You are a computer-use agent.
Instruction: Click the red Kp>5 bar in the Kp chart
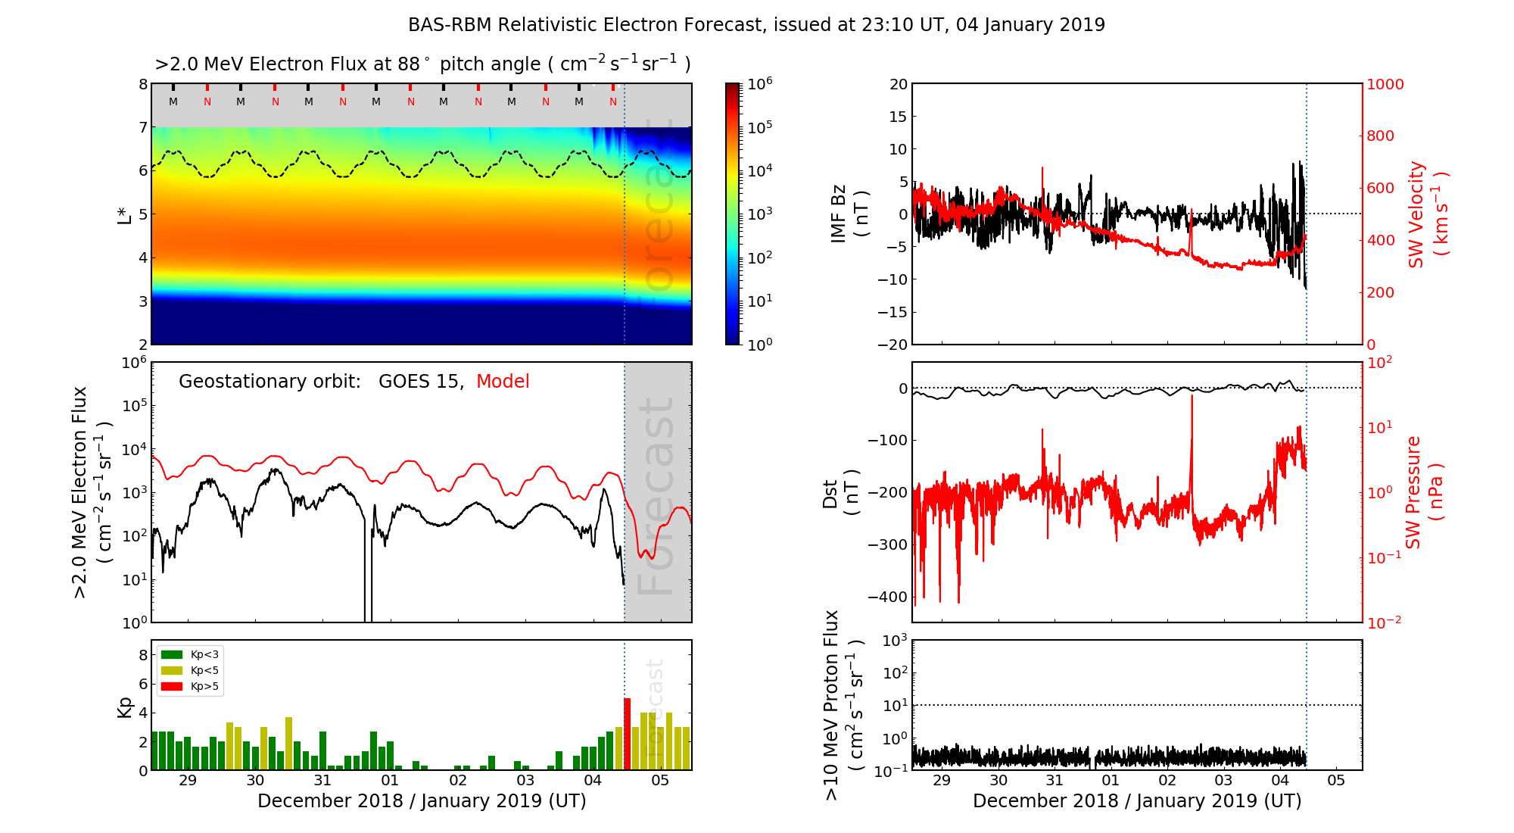pos(627,733)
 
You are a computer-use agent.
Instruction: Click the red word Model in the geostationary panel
pos(503,382)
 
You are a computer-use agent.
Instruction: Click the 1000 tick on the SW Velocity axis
pos(1385,84)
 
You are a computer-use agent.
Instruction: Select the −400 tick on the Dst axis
pos(887,597)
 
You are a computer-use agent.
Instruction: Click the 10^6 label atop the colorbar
pos(760,83)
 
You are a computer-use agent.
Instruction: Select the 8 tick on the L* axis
pos(142,84)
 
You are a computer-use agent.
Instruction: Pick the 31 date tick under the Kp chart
pos(322,781)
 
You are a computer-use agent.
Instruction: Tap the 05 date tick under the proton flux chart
pos(1336,781)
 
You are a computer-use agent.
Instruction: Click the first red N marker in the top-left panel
pos(207,101)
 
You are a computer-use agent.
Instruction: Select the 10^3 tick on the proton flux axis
pos(896,641)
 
